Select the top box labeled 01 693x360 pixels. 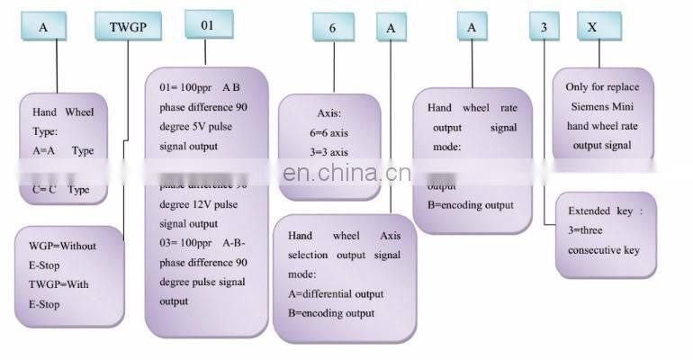pos(208,24)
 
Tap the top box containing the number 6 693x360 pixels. pos(332,28)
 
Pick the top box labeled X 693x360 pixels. pos(591,28)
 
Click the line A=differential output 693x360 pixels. pos(336,294)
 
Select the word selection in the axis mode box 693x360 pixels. pos(310,255)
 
